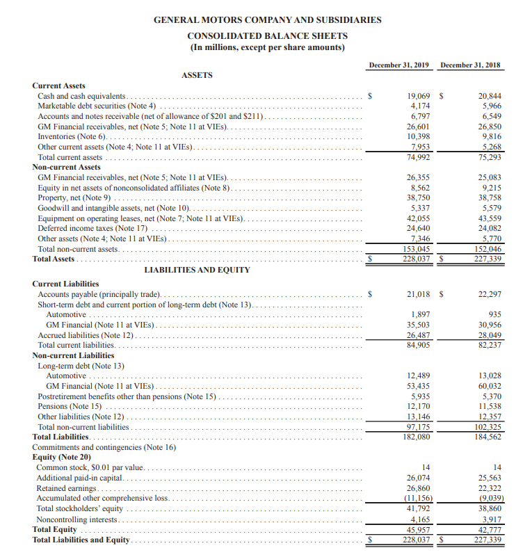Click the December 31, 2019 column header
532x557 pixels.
(398, 65)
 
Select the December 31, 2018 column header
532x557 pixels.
(471, 65)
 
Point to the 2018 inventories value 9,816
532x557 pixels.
(490, 137)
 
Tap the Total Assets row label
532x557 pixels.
(54, 259)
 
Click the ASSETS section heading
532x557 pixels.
(197, 75)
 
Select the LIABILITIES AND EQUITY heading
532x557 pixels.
(197, 270)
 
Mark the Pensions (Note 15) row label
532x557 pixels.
(70, 406)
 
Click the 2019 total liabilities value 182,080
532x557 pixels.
(416, 437)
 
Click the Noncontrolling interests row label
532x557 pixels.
(78, 519)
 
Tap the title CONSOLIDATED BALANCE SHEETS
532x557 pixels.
(268, 35)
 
